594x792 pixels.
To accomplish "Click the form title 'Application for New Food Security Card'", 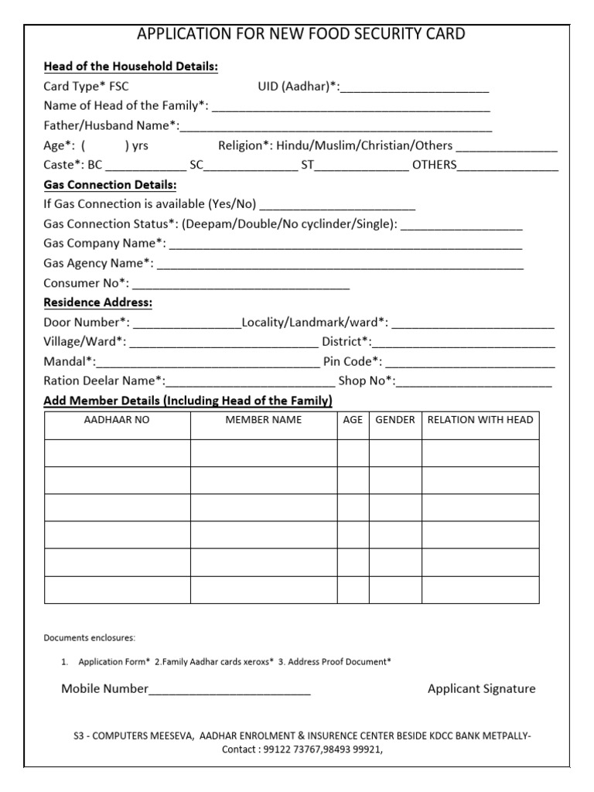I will (301, 34).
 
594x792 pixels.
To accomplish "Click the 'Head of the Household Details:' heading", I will (131, 67).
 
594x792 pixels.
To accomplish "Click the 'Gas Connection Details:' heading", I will (110, 185).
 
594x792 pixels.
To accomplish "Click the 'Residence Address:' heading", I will (97, 302).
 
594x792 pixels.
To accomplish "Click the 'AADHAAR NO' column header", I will (117, 420).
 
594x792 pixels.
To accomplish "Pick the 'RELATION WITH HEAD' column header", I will (480, 420).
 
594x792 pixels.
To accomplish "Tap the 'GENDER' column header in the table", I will (395, 420).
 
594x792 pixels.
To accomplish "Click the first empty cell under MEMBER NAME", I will (264, 453).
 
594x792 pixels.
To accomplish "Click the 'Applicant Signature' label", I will (481, 689).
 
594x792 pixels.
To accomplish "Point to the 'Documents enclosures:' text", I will (89, 638).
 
